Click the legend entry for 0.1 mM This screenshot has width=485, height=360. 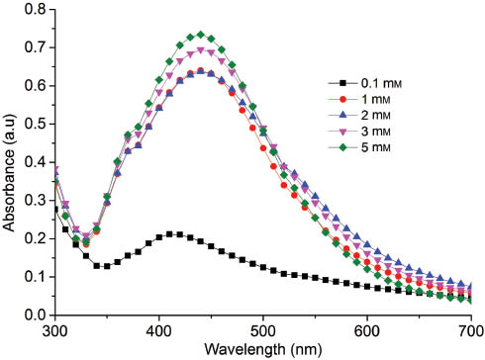[x=380, y=84]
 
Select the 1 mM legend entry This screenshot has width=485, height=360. [x=376, y=100]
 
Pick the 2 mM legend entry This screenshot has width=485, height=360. [x=376, y=116]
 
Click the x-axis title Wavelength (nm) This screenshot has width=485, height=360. [x=262, y=349]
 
